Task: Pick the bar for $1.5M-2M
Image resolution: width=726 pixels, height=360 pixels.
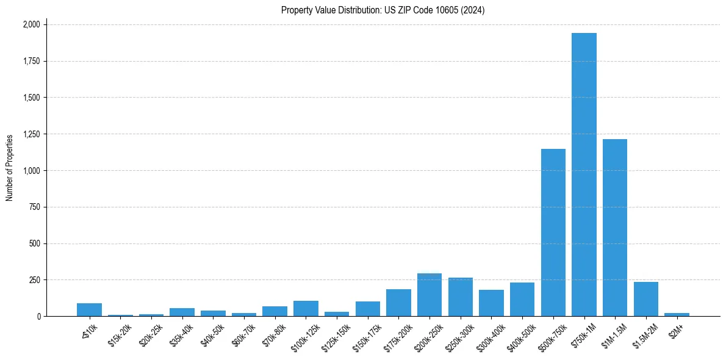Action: tap(645, 300)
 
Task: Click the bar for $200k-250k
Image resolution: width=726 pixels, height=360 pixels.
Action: tap(429, 295)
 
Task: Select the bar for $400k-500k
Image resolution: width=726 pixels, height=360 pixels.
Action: tap(522, 300)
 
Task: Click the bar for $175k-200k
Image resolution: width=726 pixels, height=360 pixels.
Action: tap(398, 303)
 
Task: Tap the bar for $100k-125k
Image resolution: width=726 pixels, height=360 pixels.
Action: tap(306, 309)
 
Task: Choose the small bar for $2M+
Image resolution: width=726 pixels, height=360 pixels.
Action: tap(677, 314)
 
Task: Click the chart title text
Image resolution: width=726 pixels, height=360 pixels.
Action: tap(383, 10)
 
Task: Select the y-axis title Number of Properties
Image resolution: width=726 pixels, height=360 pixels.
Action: tap(10, 168)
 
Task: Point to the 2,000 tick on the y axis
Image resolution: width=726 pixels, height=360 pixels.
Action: tap(31, 24)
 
